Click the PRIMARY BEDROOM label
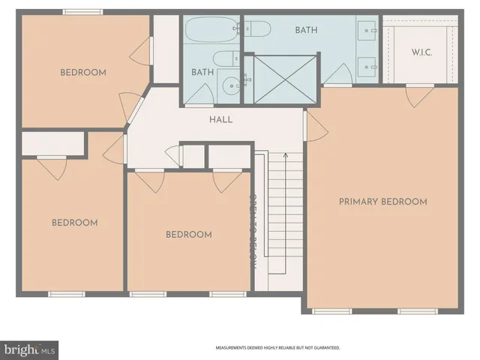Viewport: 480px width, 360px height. (x=382, y=202)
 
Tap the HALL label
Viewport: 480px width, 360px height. (x=220, y=119)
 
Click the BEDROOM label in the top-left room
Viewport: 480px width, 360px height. (x=82, y=73)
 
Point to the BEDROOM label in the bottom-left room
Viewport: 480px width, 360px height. (x=74, y=223)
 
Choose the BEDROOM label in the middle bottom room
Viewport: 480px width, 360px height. (x=188, y=235)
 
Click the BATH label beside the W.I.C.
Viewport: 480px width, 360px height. (x=307, y=31)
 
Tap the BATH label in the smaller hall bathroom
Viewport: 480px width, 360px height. (x=202, y=73)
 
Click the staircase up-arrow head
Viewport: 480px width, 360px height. (x=284, y=155)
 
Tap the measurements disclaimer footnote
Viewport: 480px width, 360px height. (x=277, y=348)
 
